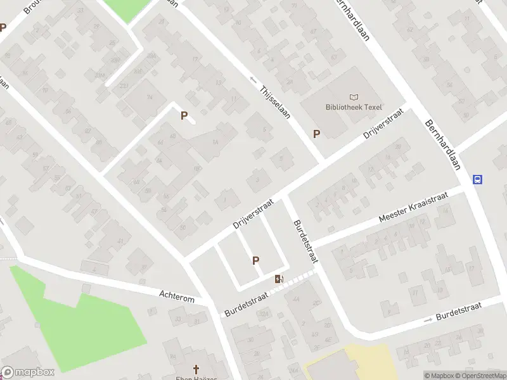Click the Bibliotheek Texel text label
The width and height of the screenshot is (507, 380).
[x=354, y=107]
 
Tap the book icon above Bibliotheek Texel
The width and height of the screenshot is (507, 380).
[x=354, y=97]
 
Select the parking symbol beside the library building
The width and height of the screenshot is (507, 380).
[x=316, y=134]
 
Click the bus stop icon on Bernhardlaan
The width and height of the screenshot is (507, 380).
[x=478, y=179]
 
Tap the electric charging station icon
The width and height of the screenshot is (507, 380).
[x=279, y=279]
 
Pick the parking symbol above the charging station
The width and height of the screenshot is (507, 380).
[x=256, y=260]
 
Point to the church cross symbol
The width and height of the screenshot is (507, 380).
[x=196, y=369]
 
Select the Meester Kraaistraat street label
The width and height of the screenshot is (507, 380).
[x=413, y=207]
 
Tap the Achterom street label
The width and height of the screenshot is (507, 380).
[x=177, y=296]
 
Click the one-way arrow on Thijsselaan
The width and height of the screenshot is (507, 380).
[x=253, y=80]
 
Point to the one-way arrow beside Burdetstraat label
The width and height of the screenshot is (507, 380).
[x=428, y=319]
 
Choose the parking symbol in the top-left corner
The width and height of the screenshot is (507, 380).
[x=3, y=28]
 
